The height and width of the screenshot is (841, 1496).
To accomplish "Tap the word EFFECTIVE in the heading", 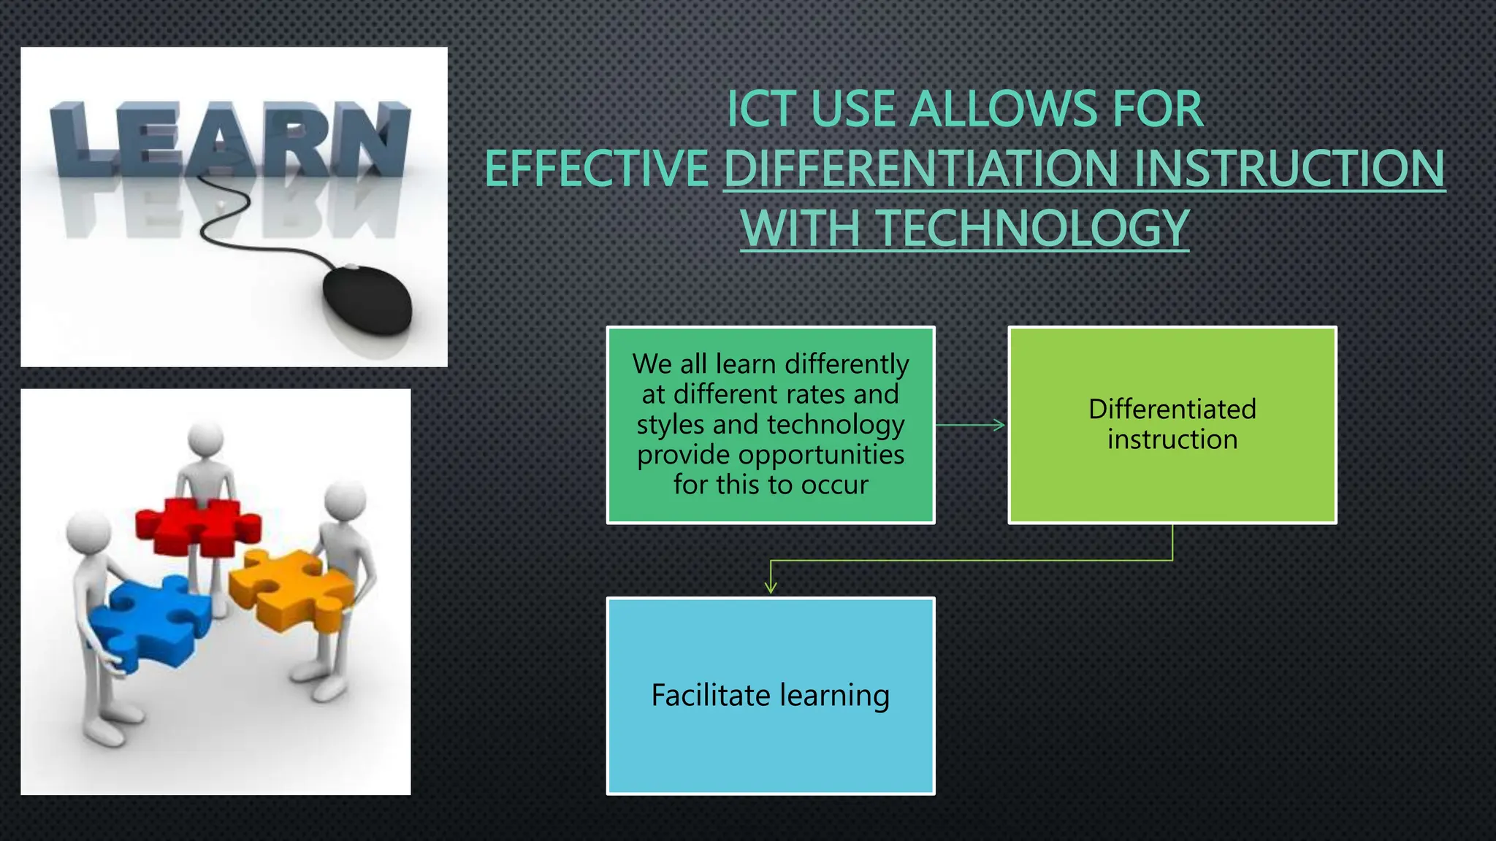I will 597,169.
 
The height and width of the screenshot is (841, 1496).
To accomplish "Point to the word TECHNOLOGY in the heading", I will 1033,228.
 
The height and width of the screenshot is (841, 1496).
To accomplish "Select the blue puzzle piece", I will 150,621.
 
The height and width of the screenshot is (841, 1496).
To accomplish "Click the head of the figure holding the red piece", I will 205,439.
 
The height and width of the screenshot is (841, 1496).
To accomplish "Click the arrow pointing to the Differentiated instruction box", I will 972,425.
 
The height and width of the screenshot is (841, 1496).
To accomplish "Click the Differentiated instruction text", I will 1172,424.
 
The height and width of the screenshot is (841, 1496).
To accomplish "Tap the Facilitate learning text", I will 770,695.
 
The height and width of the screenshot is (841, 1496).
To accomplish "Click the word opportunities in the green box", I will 821,455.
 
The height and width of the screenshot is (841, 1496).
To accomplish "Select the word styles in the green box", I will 670,425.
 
